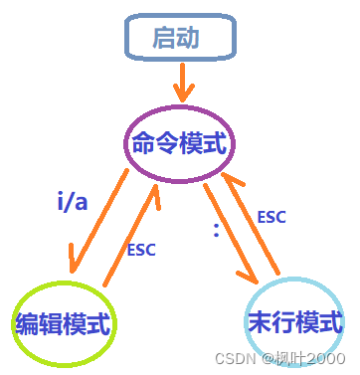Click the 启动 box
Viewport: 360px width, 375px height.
179,39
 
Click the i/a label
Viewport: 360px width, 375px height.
71,203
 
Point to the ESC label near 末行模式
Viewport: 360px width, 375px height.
271,215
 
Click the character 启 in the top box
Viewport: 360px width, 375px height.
165,39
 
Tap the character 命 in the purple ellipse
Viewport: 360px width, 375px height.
145,145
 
